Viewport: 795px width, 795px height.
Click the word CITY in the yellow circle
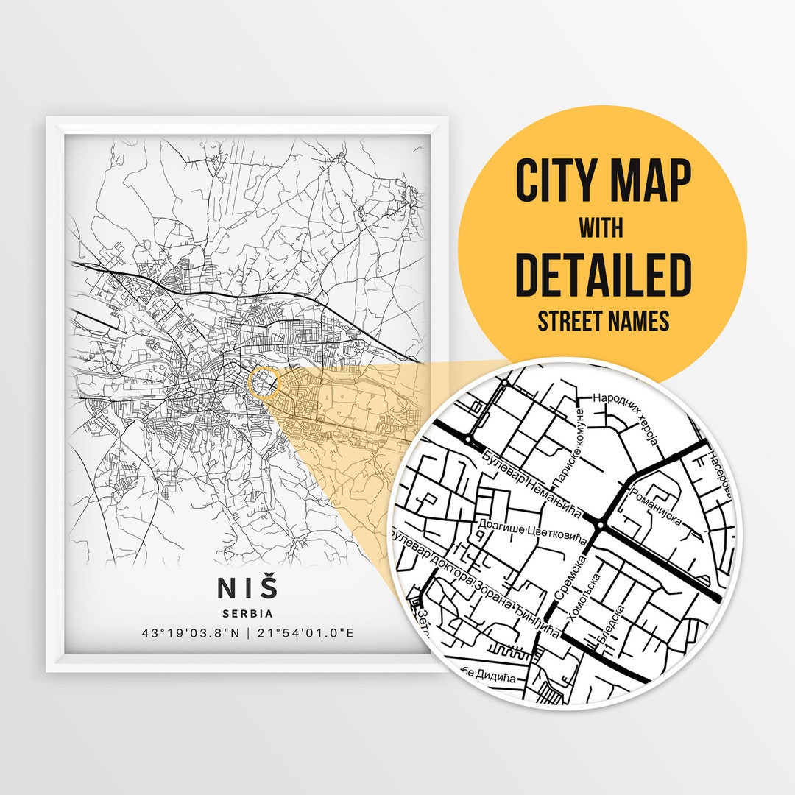coord(560,180)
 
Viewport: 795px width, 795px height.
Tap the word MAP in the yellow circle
coord(650,180)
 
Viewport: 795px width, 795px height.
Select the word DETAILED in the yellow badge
coord(603,275)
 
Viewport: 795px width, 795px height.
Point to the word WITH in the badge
coord(601,228)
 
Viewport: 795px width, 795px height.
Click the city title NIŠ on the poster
coord(248,587)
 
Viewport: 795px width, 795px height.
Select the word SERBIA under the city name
coord(248,613)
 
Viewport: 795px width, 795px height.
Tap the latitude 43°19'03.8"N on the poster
coord(190,633)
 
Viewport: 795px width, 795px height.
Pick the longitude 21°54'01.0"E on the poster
coord(305,633)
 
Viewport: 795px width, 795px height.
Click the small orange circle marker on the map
coord(264,384)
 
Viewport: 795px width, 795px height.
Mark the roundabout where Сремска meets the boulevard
coord(601,525)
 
